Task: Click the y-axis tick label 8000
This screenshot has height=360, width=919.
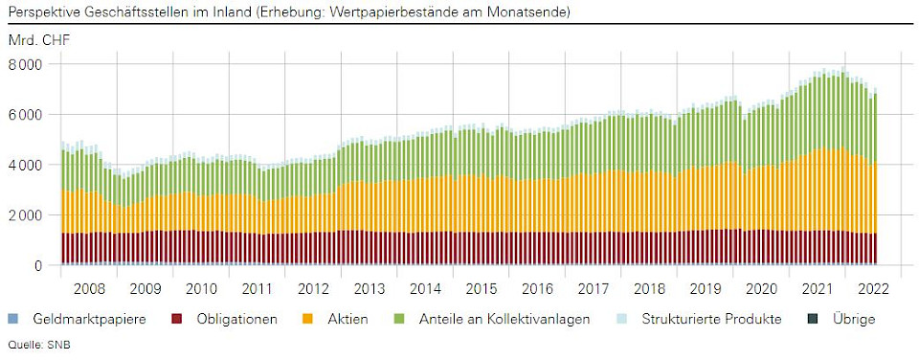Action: tap(26, 64)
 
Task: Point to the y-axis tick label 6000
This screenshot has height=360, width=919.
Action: tap(26, 114)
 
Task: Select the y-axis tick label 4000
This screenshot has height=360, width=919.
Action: tap(26, 165)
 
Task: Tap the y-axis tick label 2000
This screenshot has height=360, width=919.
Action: tap(26, 215)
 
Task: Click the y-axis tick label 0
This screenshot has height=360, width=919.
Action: tap(39, 265)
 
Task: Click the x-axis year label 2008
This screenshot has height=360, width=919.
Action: tap(88, 287)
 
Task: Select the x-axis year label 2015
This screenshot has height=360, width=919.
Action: tap(482, 287)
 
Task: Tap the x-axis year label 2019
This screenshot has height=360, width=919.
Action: tap(706, 287)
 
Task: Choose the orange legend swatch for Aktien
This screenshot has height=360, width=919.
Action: tap(307, 319)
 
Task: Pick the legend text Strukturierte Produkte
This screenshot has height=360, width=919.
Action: tap(711, 319)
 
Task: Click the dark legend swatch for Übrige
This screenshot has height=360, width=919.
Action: tap(812, 319)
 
